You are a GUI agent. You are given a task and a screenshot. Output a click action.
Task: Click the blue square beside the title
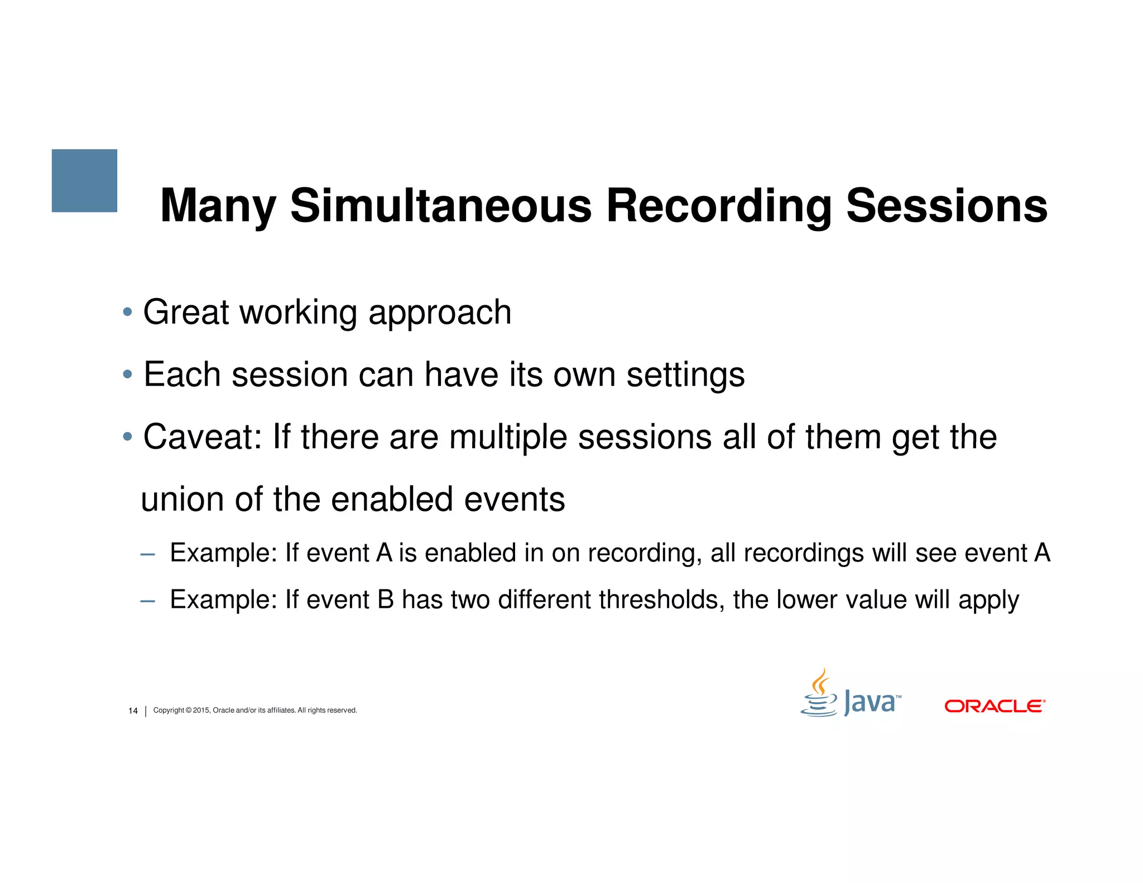coord(84,180)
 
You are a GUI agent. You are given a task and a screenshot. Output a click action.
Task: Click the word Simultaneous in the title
coord(440,206)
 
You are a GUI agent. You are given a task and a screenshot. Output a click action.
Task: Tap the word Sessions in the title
coord(947,206)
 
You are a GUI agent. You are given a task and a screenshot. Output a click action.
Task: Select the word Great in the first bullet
coord(186,312)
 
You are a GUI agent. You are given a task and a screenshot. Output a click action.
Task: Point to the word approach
coord(440,313)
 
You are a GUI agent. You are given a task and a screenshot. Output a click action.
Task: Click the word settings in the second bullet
coord(685,375)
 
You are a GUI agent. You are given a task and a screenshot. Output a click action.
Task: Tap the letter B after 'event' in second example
coord(386,600)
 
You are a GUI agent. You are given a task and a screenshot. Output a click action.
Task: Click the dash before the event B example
coord(147,601)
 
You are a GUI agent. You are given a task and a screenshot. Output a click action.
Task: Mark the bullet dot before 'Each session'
coord(128,373)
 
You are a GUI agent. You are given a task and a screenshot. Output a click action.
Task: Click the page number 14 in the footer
coord(133,711)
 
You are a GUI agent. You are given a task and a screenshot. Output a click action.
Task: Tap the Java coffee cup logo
coord(819,695)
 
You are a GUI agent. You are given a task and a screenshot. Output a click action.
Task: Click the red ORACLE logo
coord(995,706)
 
